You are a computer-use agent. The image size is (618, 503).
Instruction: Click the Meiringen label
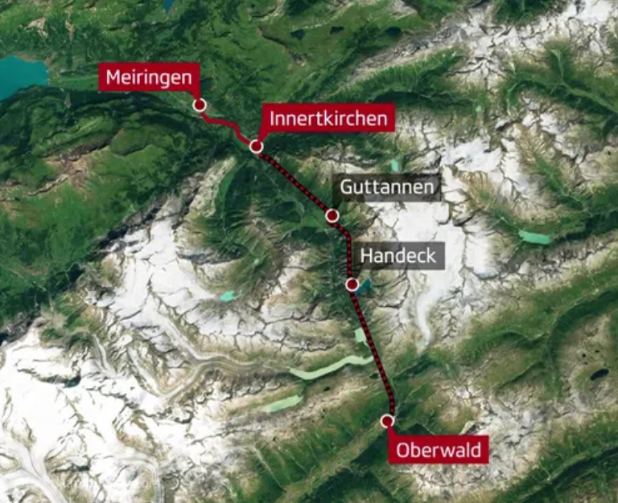(x=149, y=78)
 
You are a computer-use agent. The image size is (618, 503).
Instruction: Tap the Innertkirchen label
(x=329, y=119)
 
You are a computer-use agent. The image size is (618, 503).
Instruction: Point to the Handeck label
(x=398, y=256)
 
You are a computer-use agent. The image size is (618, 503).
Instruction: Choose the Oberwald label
(x=439, y=450)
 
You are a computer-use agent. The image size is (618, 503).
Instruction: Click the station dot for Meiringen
(x=199, y=105)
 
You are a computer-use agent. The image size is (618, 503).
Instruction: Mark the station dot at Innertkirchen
(x=256, y=146)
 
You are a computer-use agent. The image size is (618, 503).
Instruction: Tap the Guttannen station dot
(x=332, y=215)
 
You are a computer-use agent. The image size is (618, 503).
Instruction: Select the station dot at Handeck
(x=352, y=284)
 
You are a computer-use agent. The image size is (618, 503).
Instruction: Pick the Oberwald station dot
(x=388, y=420)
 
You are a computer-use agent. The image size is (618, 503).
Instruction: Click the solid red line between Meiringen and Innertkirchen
(x=226, y=124)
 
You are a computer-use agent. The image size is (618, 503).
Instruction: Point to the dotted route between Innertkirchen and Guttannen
(x=293, y=181)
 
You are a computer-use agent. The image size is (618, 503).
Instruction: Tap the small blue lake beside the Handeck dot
(x=365, y=285)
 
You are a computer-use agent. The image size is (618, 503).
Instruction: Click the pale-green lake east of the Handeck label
(x=534, y=237)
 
